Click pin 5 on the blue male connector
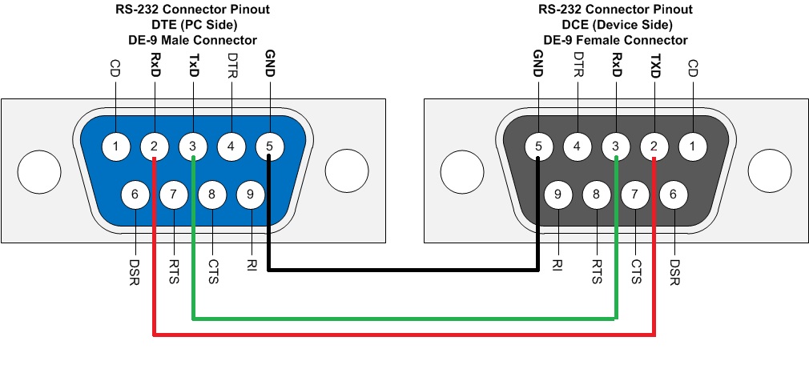tap(270, 146)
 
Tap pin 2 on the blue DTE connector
tap(154, 146)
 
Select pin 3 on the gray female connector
tap(616, 146)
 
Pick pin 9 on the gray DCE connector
tap(557, 193)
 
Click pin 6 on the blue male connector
tap(135, 193)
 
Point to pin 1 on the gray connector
tap(693, 146)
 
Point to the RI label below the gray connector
tap(557, 263)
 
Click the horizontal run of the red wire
tap(400, 334)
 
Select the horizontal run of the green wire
tap(400, 319)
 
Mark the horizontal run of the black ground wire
tap(400, 270)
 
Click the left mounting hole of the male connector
tap(38, 170)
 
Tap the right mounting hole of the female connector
tap(770, 170)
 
